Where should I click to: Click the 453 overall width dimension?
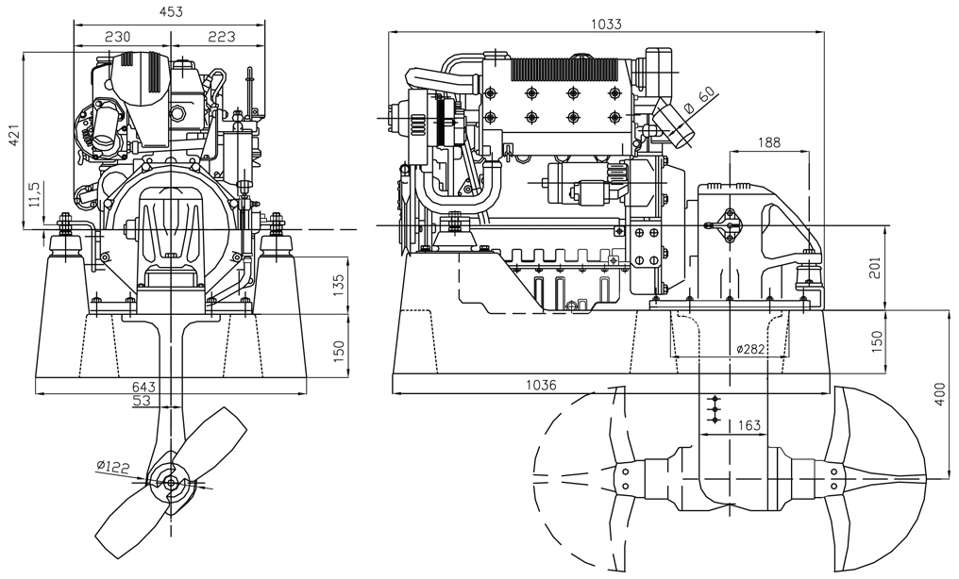click(x=170, y=11)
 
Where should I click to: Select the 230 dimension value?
click(x=117, y=36)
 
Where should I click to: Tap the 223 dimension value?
click(x=220, y=36)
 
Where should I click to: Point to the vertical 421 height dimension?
click(x=13, y=138)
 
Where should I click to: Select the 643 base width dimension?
click(x=144, y=387)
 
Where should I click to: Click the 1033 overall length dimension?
click(x=607, y=22)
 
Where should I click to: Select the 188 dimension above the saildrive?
click(x=769, y=142)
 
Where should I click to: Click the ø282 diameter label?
click(x=751, y=350)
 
